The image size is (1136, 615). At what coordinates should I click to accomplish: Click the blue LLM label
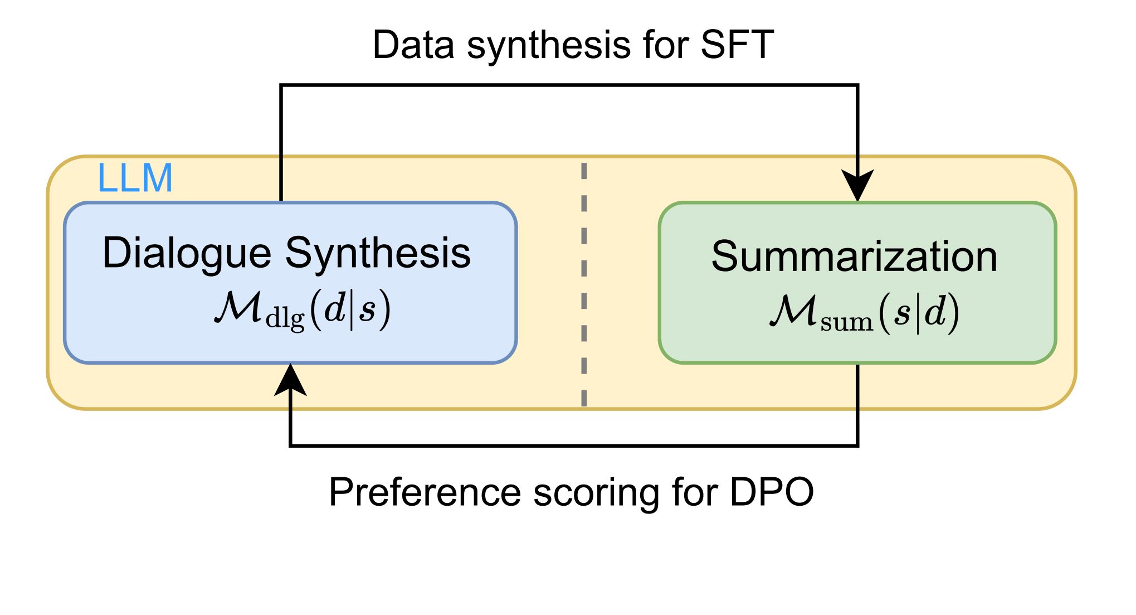(x=135, y=178)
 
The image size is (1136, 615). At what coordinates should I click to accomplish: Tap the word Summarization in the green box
(x=854, y=256)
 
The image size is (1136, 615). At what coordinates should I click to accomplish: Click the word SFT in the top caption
(x=737, y=45)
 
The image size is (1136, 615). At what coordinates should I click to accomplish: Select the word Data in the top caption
(x=414, y=45)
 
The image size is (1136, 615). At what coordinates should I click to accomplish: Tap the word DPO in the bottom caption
(x=772, y=492)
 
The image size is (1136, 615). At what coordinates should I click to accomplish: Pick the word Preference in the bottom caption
(x=425, y=492)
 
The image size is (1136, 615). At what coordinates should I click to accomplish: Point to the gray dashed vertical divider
(x=584, y=284)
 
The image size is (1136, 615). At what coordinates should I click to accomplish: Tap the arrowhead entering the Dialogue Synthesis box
(x=290, y=380)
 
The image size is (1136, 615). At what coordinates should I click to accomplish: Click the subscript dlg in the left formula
(x=285, y=319)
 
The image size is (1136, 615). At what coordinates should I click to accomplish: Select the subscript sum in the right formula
(x=847, y=322)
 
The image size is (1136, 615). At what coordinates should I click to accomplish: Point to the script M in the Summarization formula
(x=794, y=311)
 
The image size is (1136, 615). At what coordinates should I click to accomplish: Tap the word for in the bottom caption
(x=695, y=492)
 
